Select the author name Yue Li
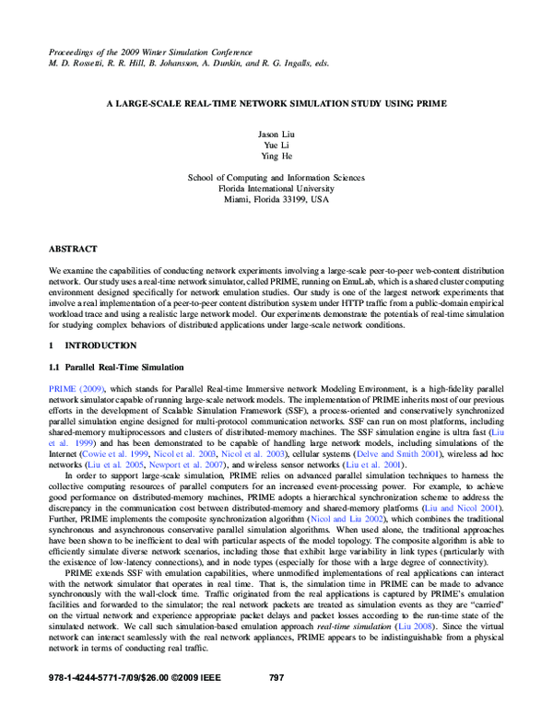coord(276,147)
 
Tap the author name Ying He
coord(276,158)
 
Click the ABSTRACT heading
coord(73,249)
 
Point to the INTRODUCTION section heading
coord(100,346)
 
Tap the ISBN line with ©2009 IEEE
coord(135,704)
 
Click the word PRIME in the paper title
coord(429,103)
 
